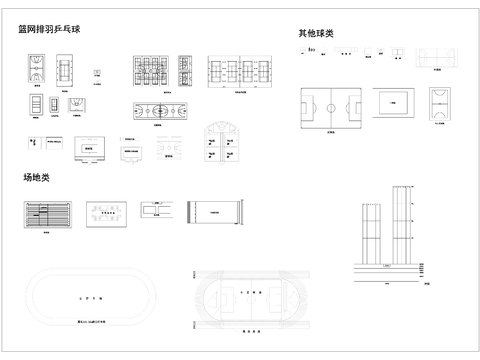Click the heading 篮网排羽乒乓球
pyautogui.click(x=49, y=30)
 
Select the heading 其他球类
pyautogui.click(x=315, y=33)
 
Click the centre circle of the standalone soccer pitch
pyautogui.click(x=331, y=106)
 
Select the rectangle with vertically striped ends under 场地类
pyautogui.click(x=213, y=212)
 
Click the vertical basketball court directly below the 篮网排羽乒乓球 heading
pyautogui.click(x=35, y=70)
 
